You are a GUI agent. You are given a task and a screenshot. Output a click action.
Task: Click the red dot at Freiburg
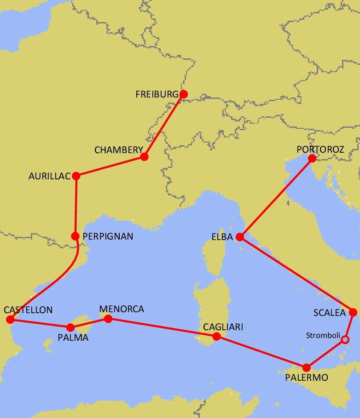(183, 94)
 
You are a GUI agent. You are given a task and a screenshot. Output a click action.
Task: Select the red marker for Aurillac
(76, 176)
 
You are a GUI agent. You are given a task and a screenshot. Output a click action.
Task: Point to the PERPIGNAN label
(108, 236)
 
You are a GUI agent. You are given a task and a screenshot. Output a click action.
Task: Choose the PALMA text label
(73, 338)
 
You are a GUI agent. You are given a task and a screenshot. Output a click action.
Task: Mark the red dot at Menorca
(108, 318)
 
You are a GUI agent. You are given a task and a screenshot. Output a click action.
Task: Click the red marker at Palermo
(306, 367)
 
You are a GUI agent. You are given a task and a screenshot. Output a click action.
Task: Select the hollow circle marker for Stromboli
(345, 340)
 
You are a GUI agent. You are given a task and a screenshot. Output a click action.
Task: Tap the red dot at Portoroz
(312, 159)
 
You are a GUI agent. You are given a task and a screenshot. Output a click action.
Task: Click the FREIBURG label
(157, 94)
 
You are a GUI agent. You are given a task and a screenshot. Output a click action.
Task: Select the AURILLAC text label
(50, 176)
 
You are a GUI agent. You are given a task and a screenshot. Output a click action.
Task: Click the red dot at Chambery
(144, 157)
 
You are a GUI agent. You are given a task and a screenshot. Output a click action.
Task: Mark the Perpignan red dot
(75, 236)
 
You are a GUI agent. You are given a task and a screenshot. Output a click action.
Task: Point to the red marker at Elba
(239, 237)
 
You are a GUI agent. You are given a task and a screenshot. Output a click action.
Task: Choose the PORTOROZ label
(320, 149)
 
